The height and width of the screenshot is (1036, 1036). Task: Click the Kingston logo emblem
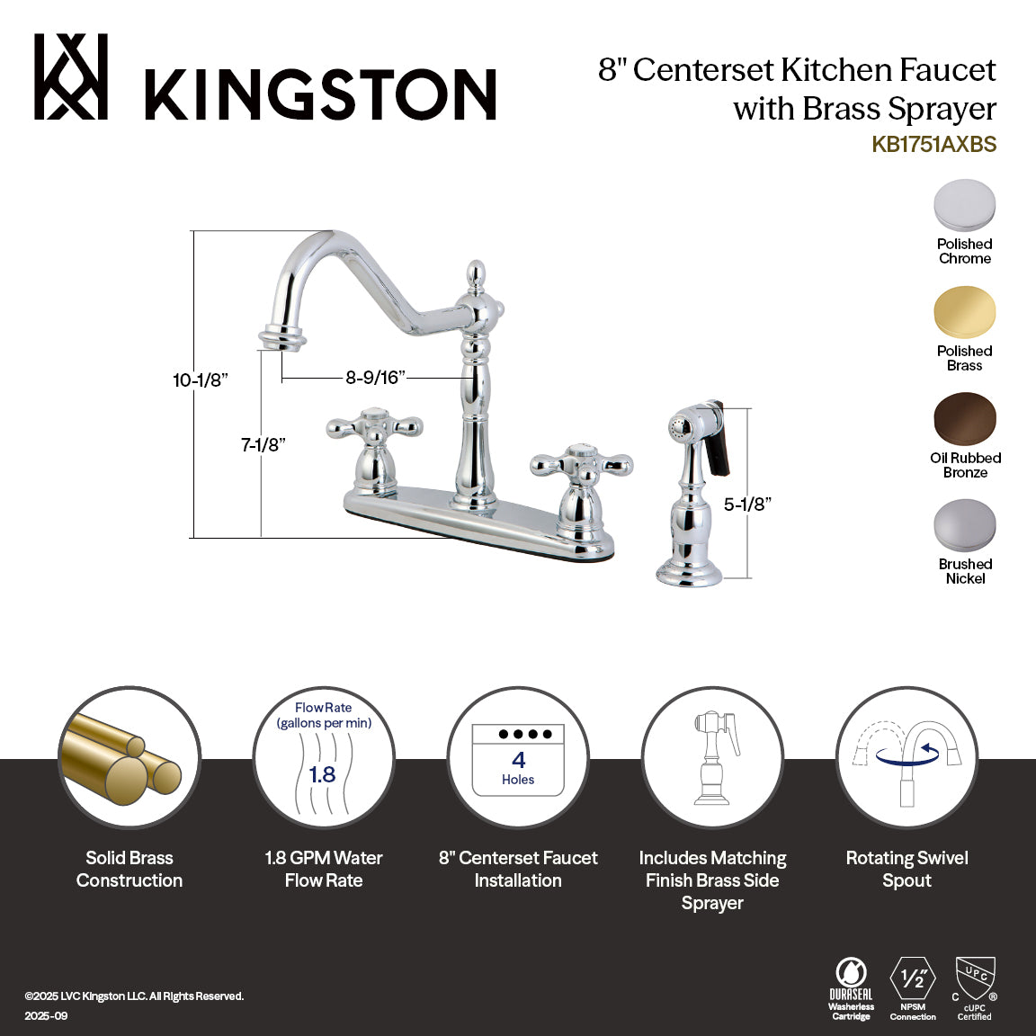coord(71,77)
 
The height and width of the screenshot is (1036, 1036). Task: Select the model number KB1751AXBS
coord(933,144)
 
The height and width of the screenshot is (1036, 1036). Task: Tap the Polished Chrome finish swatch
coord(964,206)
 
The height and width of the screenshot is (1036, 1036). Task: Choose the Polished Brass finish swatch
coord(964,313)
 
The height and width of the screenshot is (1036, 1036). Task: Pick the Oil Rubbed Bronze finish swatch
coord(964,419)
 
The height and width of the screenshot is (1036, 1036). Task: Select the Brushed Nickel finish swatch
coord(964,526)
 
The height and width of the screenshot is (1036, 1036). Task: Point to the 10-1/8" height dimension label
coord(200,380)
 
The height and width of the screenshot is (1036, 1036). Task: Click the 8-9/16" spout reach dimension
coord(375,378)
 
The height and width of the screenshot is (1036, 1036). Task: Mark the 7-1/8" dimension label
coord(263,444)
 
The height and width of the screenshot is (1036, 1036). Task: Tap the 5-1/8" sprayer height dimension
coord(747,505)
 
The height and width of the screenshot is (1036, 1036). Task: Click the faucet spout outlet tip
coord(281,338)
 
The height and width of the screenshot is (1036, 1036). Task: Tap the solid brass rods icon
coord(129,758)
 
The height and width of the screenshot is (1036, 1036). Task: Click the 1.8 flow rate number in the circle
coord(322,773)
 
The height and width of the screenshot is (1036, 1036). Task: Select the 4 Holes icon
coord(518,760)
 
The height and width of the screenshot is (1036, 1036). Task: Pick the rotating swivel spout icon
coord(906,758)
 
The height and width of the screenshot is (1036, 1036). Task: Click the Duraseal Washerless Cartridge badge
coord(851,989)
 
